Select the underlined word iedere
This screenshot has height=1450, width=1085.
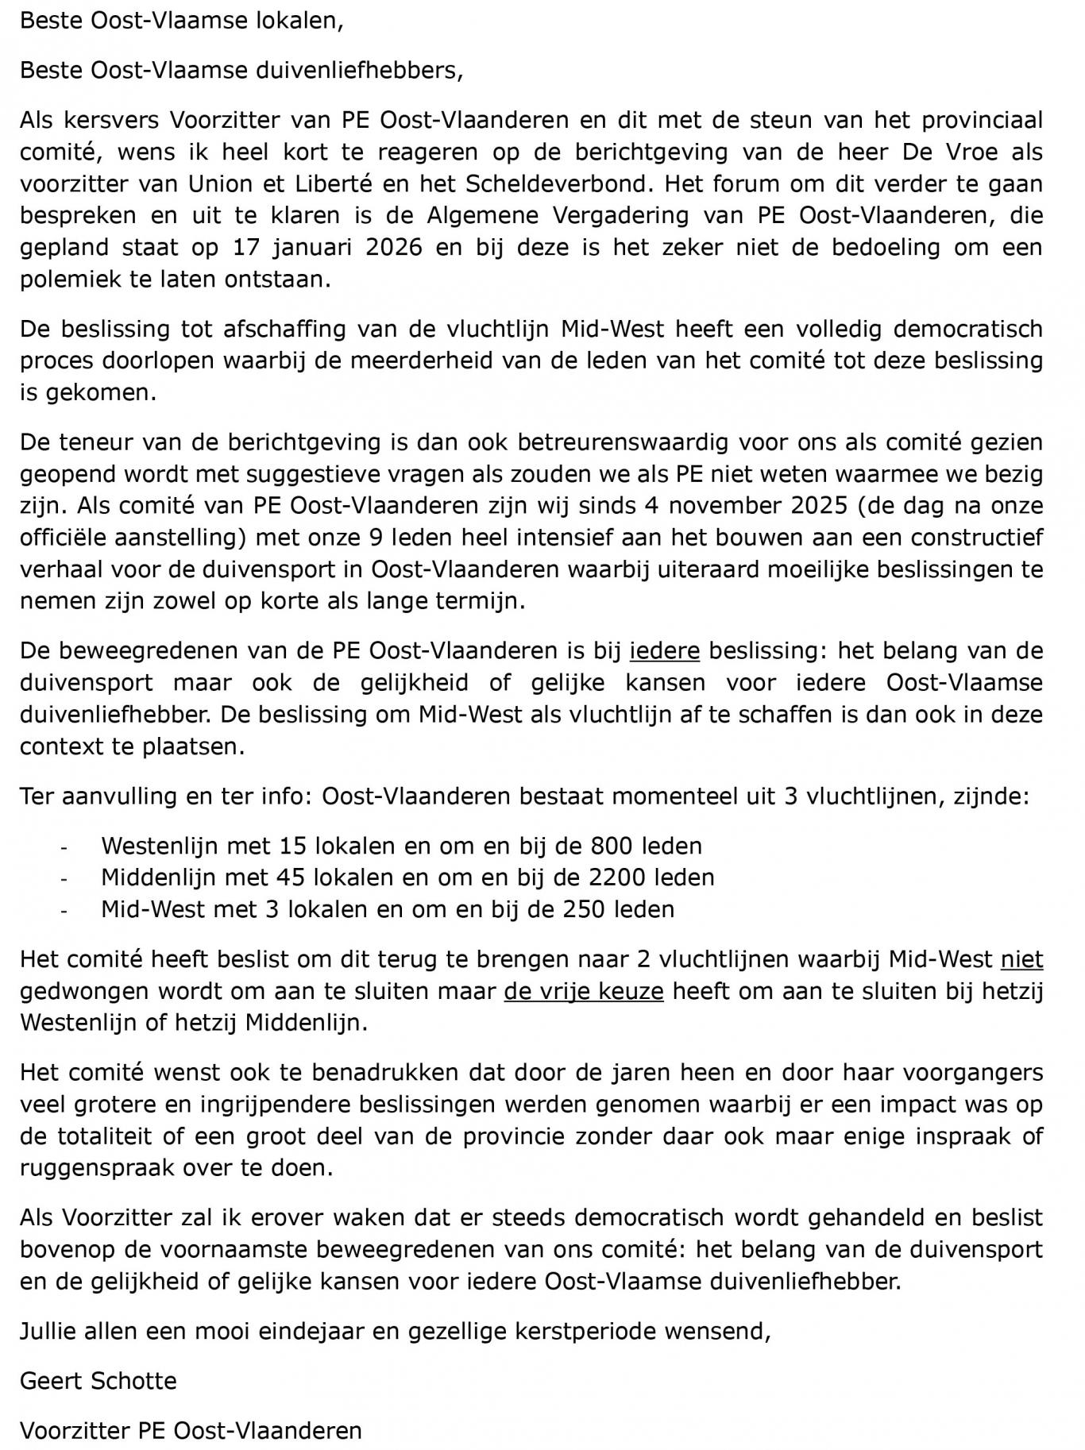click(x=665, y=650)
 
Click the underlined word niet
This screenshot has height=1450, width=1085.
click(x=1021, y=959)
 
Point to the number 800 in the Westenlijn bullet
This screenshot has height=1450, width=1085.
click(x=611, y=846)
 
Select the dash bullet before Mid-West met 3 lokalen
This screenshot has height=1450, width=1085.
click(x=64, y=910)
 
